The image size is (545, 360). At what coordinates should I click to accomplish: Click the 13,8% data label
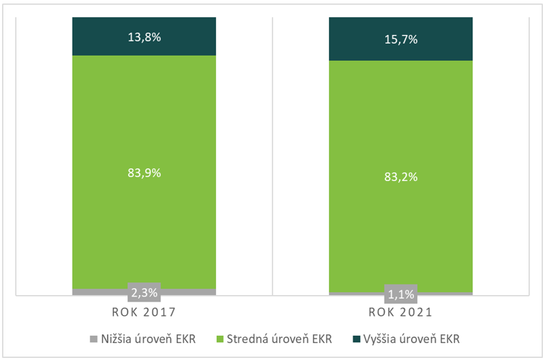(x=144, y=36)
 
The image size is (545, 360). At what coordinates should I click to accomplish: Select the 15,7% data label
(x=400, y=39)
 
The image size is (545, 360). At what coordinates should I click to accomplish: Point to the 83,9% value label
(x=144, y=172)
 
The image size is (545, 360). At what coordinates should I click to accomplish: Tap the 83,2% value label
(x=400, y=176)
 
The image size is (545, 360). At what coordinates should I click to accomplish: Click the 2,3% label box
(x=144, y=292)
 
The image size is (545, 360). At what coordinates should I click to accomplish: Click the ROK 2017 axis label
(x=143, y=312)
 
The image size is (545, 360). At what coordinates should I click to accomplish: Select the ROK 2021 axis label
(x=400, y=312)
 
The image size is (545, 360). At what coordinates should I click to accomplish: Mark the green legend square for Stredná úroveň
(x=219, y=339)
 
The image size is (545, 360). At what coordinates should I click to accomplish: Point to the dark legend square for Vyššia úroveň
(x=356, y=339)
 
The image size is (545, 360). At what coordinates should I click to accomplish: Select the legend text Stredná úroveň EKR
(x=280, y=339)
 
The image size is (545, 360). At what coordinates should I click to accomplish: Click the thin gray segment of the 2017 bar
(x=100, y=292)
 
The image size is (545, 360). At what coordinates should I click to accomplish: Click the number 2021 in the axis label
(x=416, y=312)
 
